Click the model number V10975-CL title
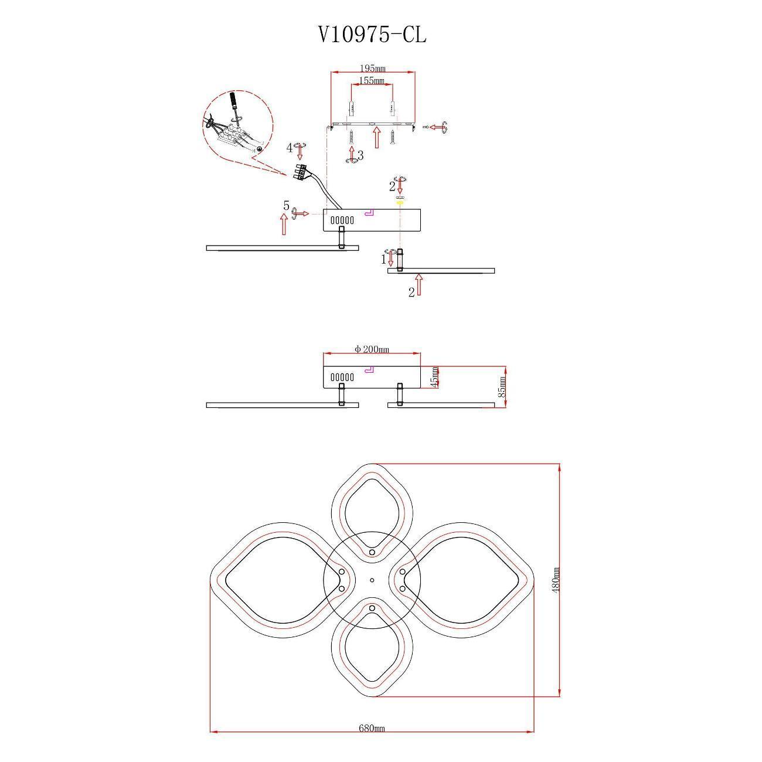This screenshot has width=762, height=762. pos(372,35)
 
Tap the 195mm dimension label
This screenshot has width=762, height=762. pos(373,69)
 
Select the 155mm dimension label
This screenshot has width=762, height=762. pos(371,80)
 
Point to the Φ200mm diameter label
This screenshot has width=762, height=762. pos(372,349)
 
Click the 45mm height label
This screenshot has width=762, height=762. pos(434,377)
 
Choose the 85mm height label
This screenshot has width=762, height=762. pos(501,386)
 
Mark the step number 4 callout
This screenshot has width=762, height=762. pos(290,148)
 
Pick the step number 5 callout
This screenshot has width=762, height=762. pos(286,206)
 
